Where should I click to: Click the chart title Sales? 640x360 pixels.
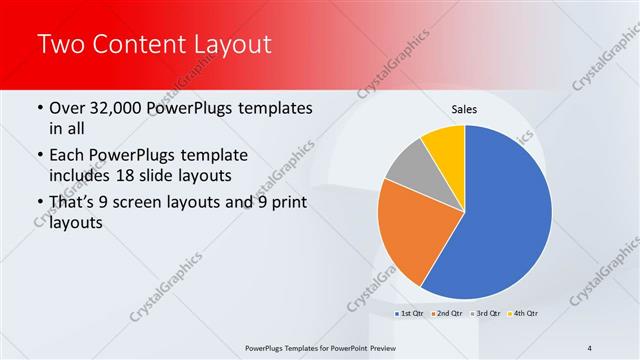pos(465,107)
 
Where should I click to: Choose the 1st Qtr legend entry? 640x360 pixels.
pos(409,314)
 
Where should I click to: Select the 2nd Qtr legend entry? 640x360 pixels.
pos(446,314)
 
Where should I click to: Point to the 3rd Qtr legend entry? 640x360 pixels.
pos(484,314)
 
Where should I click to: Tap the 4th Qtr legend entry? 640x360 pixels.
pos(522,314)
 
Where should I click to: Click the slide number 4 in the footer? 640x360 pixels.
pos(590,347)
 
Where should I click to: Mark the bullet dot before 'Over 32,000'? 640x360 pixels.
pos(39,108)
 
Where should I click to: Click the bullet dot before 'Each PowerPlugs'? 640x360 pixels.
pos(39,156)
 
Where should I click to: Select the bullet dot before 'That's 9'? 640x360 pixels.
pos(39,204)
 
